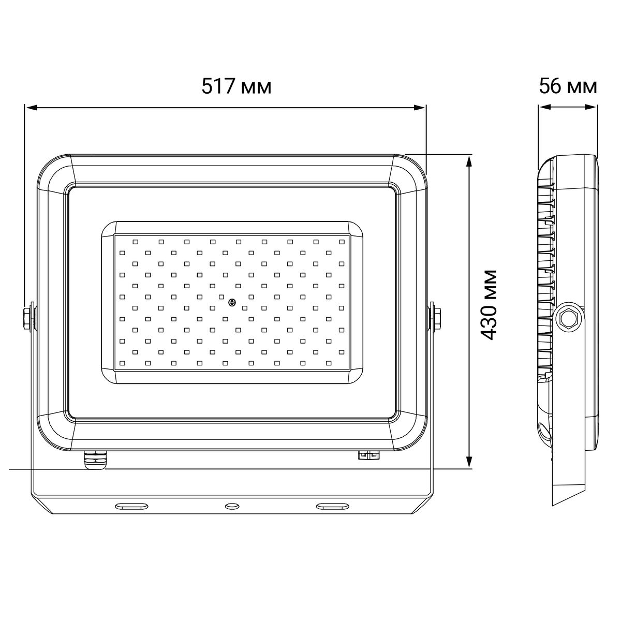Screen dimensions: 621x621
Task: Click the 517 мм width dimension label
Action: point(236,87)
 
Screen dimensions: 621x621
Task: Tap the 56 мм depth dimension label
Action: point(568,87)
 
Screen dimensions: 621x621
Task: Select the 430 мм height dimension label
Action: point(489,305)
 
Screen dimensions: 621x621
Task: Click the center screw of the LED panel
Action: point(232,302)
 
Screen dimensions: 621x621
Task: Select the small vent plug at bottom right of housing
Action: point(369,455)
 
